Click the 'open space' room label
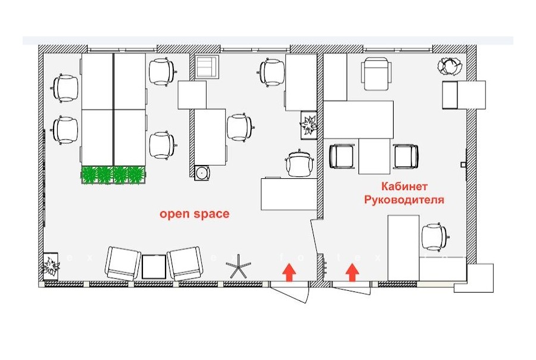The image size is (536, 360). (195, 214)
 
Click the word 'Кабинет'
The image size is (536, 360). (404, 187)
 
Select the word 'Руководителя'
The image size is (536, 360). (404, 200)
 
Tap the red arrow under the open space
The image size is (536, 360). (289, 272)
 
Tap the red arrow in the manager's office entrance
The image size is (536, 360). (352, 272)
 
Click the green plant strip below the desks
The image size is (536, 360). (113, 174)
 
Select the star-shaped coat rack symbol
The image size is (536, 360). (238, 266)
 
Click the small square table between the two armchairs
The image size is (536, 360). (154, 267)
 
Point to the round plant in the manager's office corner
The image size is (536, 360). (450, 66)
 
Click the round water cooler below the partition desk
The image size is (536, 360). (202, 172)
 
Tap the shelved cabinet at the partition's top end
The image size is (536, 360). (207, 67)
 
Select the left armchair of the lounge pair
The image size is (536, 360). (123, 263)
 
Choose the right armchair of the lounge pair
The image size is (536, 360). (185, 263)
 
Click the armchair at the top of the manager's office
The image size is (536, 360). (376, 74)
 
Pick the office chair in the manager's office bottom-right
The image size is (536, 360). (434, 237)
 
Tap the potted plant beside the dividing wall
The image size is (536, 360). (309, 125)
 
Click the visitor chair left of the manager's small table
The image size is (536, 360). (342, 156)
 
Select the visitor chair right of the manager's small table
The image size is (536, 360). (406, 156)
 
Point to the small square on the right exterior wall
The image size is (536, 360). (463, 165)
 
